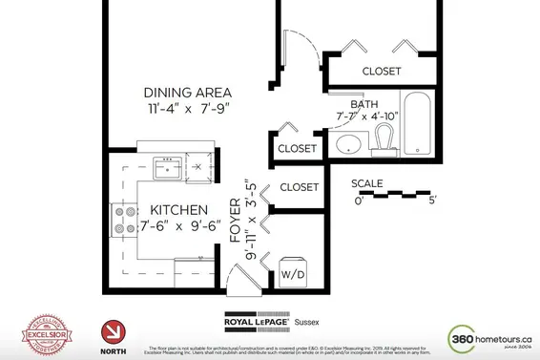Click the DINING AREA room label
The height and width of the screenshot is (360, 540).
(x=188, y=93)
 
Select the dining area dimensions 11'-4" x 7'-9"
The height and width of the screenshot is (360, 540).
(x=188, y=111)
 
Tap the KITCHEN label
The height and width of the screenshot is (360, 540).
(x=173, y=209)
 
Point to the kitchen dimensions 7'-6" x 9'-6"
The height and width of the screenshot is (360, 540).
(x=181, y=226)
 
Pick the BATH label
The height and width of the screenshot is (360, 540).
(x=364, y=104)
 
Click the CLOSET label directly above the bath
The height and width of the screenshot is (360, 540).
(x=381, y=72)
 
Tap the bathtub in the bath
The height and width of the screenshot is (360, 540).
(x=417, y=124)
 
